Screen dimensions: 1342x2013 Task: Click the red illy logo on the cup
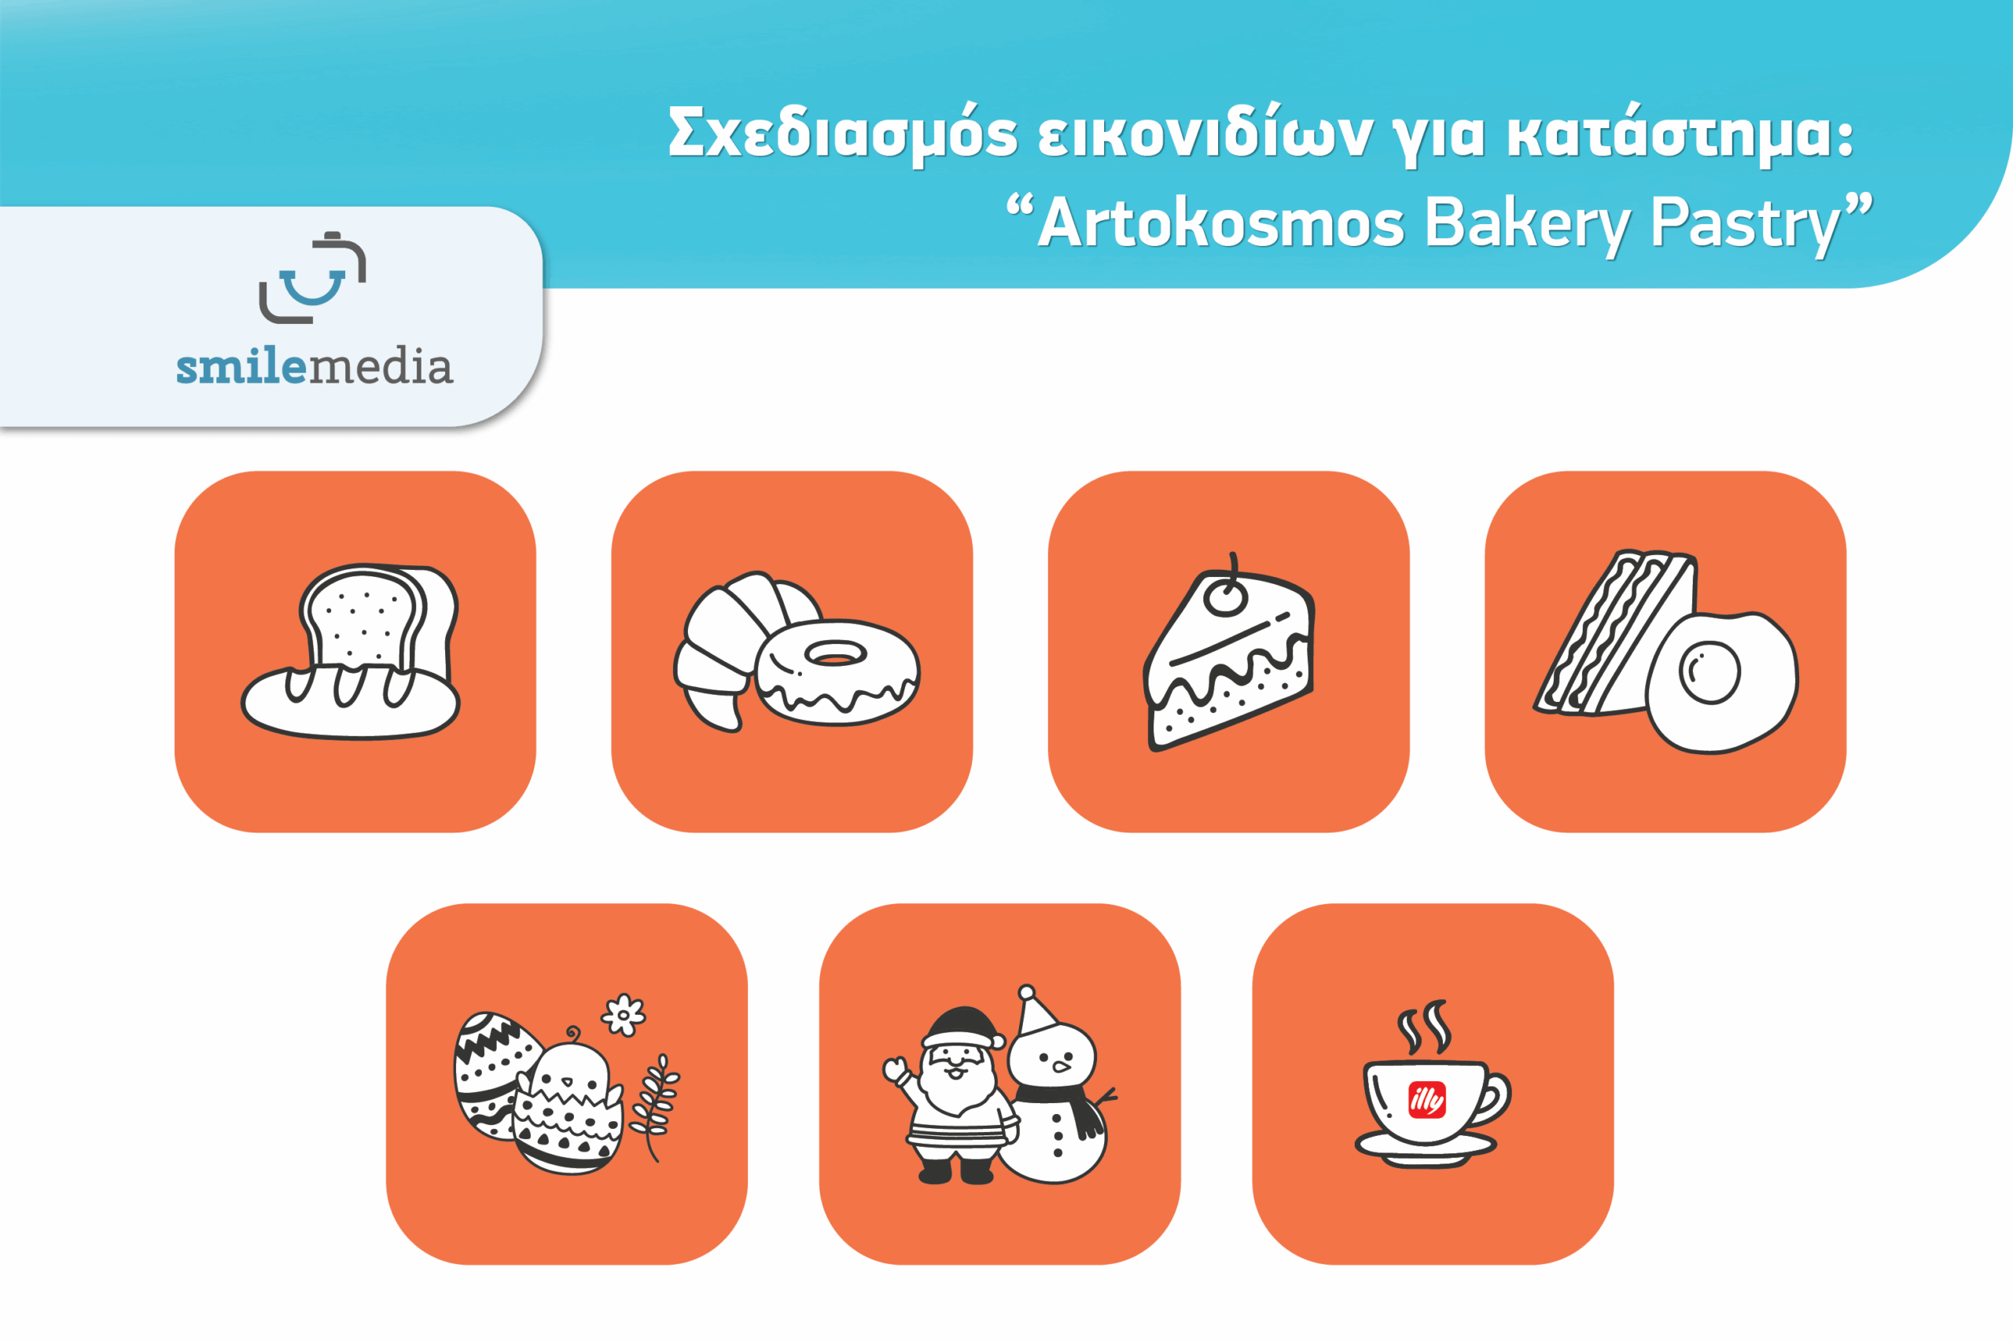coord(1426,1100)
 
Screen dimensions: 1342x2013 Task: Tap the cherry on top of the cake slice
coord(1226,597)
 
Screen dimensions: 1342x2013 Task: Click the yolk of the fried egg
coord(1709,673)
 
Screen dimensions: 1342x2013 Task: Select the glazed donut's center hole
coord(835,655)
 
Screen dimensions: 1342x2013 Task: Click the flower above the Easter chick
coord(623,1016)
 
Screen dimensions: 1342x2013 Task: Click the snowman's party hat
coord(1036,1011)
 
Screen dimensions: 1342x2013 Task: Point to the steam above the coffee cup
coord(1424,1026)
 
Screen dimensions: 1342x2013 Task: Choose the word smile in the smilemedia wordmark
coord(241,367)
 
